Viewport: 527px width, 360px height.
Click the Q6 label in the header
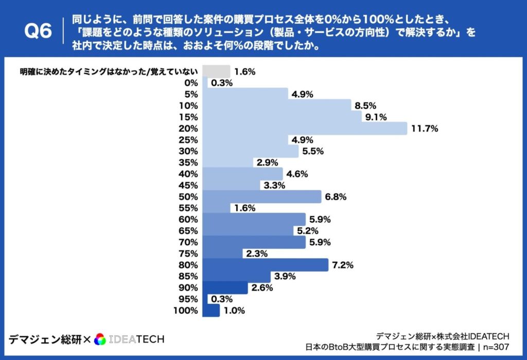click(39, 32)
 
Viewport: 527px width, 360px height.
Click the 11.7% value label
click(424, 129)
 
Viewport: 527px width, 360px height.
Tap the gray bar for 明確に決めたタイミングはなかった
click(216, 71)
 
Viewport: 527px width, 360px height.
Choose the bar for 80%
click(266, 265)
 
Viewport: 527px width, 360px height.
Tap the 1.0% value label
click(233, 311)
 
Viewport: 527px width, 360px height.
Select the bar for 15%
click(283, 117)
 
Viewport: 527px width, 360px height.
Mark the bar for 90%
click(225, 288)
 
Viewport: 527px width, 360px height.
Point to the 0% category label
click(191, 83)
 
